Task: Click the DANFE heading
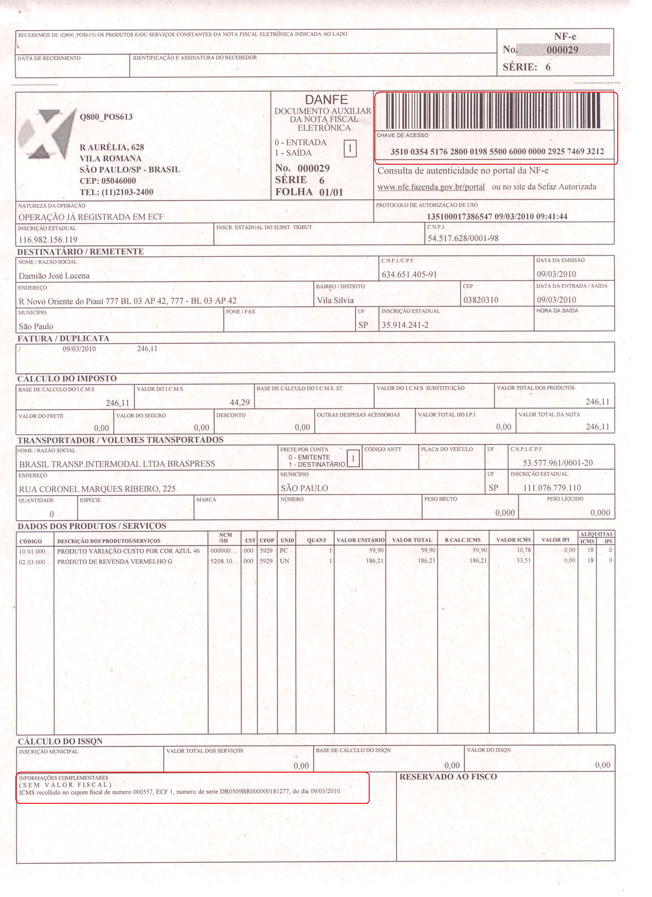point(326,100)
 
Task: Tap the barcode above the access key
point(493,111)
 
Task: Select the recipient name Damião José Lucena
point(54,276)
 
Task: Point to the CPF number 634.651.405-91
point(409,275)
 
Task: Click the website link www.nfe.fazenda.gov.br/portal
point(431,187)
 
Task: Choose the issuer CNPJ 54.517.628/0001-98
point(463,238)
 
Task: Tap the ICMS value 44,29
point(239,403)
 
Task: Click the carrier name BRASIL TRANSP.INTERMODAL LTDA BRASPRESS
point(117,464)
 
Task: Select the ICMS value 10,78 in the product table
point(523,551)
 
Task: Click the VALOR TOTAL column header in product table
point(412,540)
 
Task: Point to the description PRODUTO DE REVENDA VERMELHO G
point(115,561)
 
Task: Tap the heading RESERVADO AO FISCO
point(448,777)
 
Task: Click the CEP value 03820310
point(481,300)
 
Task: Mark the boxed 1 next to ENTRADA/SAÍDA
point(350,149)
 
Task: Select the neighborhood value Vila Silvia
point(335,300)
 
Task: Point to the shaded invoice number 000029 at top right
point(563,50)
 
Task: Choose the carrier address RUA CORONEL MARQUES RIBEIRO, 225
point(97,489)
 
